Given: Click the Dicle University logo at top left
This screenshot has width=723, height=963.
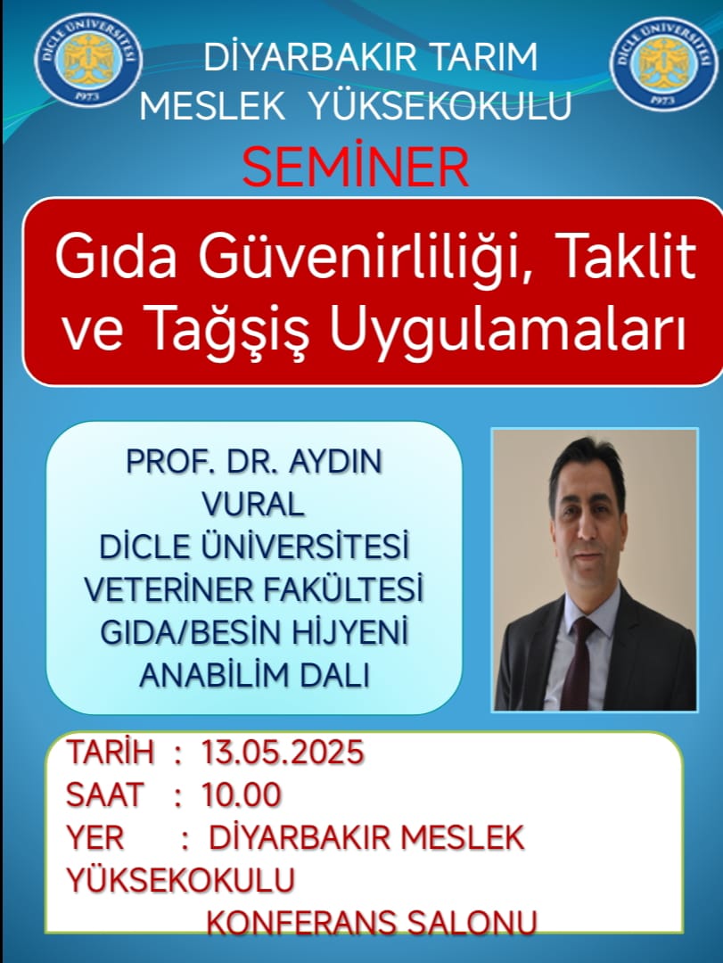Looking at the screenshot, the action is click(88, 60).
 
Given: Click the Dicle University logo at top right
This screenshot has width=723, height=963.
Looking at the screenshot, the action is click(664, 63).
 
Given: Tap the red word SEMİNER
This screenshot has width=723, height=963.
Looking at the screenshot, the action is click(356, 167).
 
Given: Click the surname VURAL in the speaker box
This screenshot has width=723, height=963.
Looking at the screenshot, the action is click(253, 504).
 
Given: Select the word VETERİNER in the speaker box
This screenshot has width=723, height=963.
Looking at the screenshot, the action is click(168, 589).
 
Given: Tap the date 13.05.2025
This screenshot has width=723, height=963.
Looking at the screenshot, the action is click(283, 753).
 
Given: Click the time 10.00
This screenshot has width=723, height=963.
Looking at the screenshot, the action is click(242, 794).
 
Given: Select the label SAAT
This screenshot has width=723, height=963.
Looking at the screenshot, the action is click(104, 794).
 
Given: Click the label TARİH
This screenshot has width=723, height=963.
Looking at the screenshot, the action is click(110, 753).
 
